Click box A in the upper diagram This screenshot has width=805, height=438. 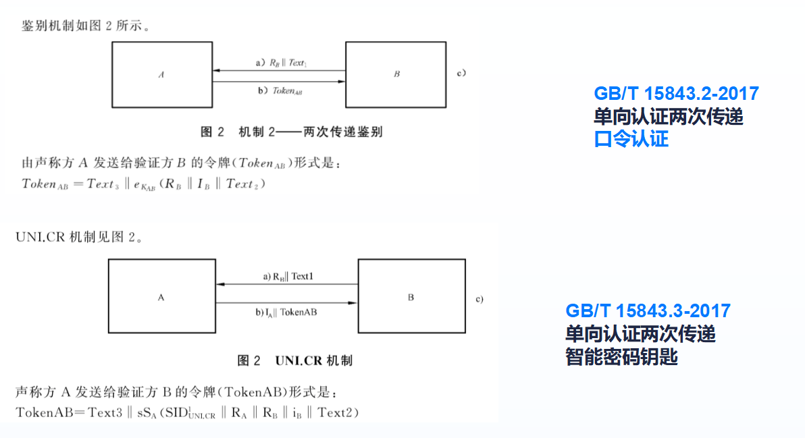tap(162, 74)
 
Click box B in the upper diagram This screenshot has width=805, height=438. tap(396, 74)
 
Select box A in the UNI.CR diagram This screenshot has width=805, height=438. tap(161, 296)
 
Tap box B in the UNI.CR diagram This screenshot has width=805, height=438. tap(411, 296)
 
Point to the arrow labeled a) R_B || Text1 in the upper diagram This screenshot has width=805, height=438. tap(278, 70)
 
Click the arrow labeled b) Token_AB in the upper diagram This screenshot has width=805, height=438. tap(278, 82)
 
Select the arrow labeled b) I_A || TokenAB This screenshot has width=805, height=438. tap(286, 303)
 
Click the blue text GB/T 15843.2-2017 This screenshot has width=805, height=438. tap(676, 94)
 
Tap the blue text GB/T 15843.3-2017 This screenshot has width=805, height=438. tap(648, 311)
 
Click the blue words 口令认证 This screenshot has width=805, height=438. tap(631, 140)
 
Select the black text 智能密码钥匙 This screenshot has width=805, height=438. tap(621, 357)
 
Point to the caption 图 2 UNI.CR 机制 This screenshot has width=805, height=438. tap(294, 360)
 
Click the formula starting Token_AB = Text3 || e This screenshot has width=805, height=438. tap(143, 184)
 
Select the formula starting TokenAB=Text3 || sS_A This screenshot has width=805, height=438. tap(186, 412)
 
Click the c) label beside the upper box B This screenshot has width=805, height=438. tap(462, 72)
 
